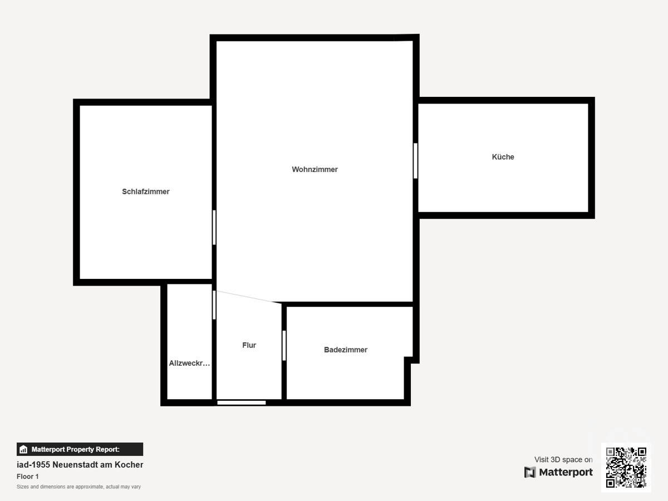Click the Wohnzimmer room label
(315, 169)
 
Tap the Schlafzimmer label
(145, 191)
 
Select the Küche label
(503, 157)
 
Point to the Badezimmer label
(345, 350)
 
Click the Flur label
(249, 345)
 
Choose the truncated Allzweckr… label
(189, 364)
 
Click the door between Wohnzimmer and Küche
(415, 161)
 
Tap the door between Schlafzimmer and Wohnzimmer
(214, 227)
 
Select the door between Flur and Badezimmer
(284, 345)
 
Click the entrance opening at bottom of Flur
(241, 402)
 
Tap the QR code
(626, 468)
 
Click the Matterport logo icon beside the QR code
(530, 472)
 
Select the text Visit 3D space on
(563, 459)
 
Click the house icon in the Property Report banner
(23, 449)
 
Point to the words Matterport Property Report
(75, 449)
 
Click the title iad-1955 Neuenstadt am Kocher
(80, 464)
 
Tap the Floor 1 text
(28, 477)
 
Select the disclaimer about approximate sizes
(78, 487)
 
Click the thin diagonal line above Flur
(248, 297)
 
